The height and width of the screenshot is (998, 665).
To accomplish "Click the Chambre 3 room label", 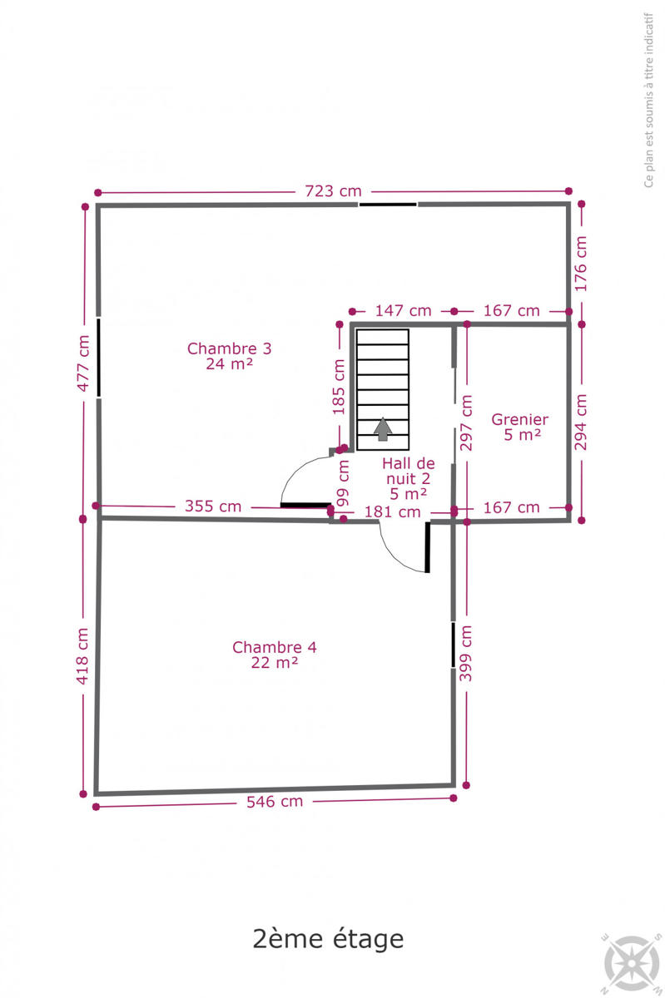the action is click(x=229, y=356).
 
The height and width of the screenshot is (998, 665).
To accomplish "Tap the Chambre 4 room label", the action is click(x=275, y=655).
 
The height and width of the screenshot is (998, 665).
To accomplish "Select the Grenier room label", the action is click(x=520, y=427).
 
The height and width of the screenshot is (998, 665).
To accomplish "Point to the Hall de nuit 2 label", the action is click(x=408, y=478).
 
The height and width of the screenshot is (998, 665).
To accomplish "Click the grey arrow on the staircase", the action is click(x=383, y=429).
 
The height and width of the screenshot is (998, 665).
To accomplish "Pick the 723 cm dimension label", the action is click(x=333, y=191).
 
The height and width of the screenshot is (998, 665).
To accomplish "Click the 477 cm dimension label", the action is click(x=83, y=363).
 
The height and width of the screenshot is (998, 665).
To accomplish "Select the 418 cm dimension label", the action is click(x=82, y=656).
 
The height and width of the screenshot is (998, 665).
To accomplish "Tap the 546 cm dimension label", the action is click(x=275, y=802).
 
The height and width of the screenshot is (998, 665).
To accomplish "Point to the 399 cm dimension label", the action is click(x=465, y=653).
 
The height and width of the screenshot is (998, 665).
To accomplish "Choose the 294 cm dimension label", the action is click(x=581, y=422).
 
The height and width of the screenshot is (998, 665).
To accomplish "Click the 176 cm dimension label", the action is click(x=581, y=264).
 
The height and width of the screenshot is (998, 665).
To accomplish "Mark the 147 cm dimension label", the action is click(x=403, y=310).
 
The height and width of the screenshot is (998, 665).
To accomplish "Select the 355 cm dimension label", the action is click(x=213, y=506).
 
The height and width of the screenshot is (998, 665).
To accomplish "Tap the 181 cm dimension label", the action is click(x=393, y=512).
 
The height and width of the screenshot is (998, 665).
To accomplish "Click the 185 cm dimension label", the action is click(x=339, y=388).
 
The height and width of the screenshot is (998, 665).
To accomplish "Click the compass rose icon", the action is click(x=632, y=962).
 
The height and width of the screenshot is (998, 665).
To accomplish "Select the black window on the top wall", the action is click(x=388, y=205).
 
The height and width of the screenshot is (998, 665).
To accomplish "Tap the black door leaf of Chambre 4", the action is click(x=427, y=547).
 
